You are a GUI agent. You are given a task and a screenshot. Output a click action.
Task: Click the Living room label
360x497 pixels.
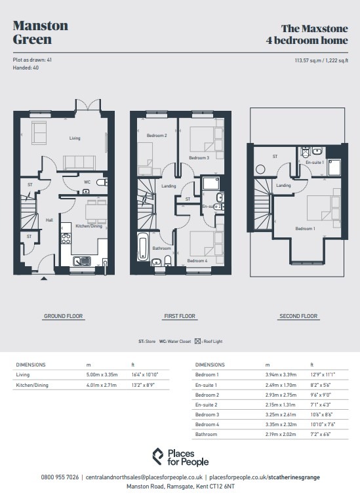tap(75, 138)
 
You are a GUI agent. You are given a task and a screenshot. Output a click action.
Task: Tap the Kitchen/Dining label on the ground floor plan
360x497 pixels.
tap(89, 226)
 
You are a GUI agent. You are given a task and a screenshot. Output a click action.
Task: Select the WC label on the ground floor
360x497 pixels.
tap(87, 182)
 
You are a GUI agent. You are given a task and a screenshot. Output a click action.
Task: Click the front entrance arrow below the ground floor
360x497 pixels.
tap(44, 279)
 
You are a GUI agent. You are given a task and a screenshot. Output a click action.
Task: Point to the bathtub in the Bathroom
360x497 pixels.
tap(142, 247)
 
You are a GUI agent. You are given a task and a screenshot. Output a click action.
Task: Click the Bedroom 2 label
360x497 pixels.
tap(157, 135)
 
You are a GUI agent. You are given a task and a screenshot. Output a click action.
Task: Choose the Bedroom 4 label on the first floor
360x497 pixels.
tap(197, 260)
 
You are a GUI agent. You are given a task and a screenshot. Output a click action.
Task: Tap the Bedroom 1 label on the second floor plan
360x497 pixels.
tap(305, 229)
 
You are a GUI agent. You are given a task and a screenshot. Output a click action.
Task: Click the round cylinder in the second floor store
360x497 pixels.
tap(260, 170)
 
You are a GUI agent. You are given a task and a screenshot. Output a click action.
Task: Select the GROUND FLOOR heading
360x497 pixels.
tap(64, 316)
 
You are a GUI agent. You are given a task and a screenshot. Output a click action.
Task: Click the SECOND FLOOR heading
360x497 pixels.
tap(298, 316)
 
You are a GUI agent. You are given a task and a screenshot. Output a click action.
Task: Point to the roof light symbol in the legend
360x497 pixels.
tap(197, 342)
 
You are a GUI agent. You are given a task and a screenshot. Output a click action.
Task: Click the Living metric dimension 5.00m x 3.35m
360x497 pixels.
tap(102, 374)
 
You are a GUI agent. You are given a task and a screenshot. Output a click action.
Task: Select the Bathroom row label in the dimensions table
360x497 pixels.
tap(206, 434)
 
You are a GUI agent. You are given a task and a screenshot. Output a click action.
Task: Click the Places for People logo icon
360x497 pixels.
tap(158, 456)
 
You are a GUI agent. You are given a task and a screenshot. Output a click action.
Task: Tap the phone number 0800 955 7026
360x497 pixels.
tap(60, 477)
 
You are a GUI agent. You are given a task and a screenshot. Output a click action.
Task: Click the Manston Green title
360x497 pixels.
tap(41, 32)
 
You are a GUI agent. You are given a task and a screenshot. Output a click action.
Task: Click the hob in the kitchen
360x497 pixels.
tap(66, 239)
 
